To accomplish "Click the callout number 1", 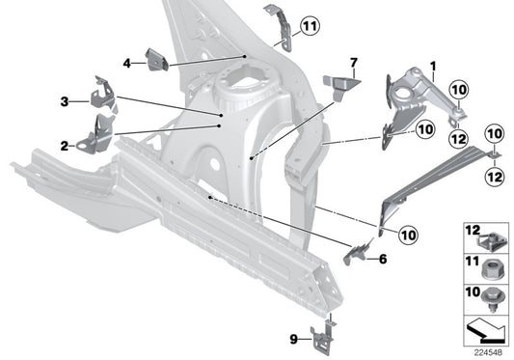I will [x=433, y=68].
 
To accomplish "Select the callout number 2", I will [x=64, y=146].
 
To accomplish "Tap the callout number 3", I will [x=64, y=100].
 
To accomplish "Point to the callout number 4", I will [x=126, y=64].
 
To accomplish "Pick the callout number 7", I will [x=353, y=64].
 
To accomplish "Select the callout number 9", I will [x=292, y=338].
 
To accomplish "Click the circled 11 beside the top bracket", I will [x=308, y=26].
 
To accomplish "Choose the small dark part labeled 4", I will [x=156, y=59].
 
